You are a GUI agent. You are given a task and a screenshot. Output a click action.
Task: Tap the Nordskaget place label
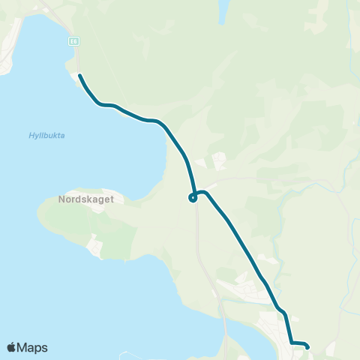85,200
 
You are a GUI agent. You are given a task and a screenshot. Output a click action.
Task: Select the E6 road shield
73,40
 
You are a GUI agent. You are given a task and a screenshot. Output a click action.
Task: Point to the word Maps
33,347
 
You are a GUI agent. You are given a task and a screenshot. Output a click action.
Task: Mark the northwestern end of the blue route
79,76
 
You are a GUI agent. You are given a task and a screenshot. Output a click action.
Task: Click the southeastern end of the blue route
307,346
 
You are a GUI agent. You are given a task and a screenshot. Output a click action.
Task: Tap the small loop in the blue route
193,198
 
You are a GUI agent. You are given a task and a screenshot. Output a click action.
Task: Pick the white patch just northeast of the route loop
218,160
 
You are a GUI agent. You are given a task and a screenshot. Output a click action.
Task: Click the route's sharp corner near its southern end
292,343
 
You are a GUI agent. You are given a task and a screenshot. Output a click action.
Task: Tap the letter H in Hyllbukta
31,135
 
